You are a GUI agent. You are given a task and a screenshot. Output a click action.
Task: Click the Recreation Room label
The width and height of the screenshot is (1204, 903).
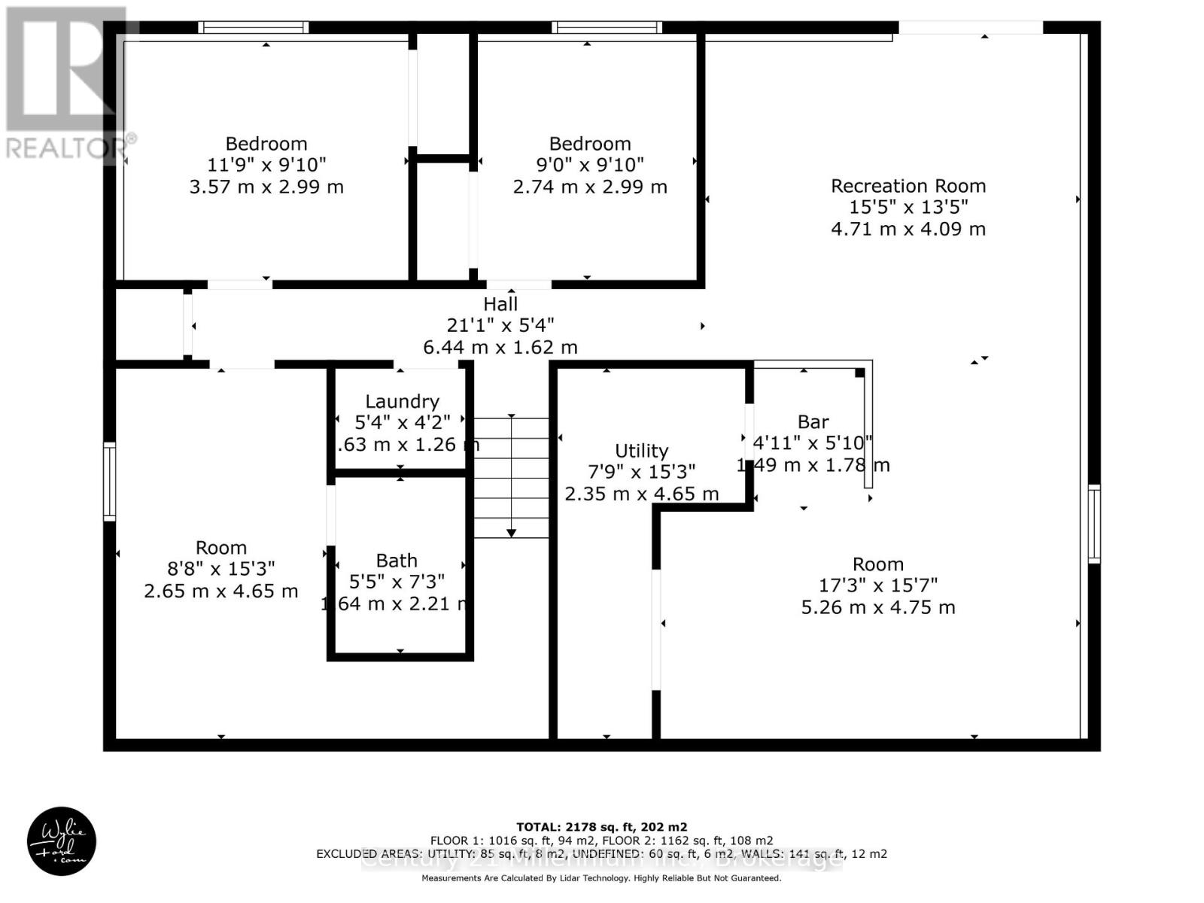tap(908, 186)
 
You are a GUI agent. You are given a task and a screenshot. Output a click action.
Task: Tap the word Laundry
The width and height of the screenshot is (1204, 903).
tap(402, 402)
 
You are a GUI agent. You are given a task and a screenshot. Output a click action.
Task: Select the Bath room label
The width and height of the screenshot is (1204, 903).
tap(397, 561)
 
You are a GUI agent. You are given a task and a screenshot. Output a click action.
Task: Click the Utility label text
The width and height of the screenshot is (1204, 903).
tap(641, 451)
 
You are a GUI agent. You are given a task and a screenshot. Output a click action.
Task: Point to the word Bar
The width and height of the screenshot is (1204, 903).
tap(813, 422)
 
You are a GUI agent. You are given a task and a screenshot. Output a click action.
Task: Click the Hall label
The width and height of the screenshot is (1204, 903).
tap(500, 304)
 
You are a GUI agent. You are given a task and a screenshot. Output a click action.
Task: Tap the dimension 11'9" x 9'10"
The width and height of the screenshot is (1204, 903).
tap(266, 165)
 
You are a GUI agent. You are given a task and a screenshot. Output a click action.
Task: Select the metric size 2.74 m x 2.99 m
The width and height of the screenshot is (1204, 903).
tap(590, 187)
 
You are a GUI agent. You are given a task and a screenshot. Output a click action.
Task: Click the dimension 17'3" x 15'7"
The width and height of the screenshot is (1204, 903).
tap(878, 585)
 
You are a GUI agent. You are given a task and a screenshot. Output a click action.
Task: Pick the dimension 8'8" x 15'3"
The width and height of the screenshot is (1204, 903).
tap(220, 569)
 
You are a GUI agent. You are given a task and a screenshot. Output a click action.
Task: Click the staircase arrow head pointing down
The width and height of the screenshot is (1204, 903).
tap(511, 533)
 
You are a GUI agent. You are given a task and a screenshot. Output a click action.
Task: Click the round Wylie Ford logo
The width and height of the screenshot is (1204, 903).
tap(62, 841)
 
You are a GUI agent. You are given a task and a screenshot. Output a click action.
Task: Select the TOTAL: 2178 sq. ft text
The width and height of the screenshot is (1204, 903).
tap(601, 827)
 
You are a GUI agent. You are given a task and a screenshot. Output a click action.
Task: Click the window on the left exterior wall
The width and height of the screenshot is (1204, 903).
tap(110, 482)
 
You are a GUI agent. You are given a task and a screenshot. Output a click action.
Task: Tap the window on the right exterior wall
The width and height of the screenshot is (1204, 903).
tap(1093, 524)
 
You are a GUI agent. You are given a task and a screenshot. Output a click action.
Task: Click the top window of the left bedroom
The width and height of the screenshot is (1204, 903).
tap(254, 28)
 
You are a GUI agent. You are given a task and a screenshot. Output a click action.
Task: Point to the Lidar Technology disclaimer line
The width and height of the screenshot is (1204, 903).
tap(601, 878)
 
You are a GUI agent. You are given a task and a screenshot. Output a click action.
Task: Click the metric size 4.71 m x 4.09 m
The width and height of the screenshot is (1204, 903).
tap(908, 229)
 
